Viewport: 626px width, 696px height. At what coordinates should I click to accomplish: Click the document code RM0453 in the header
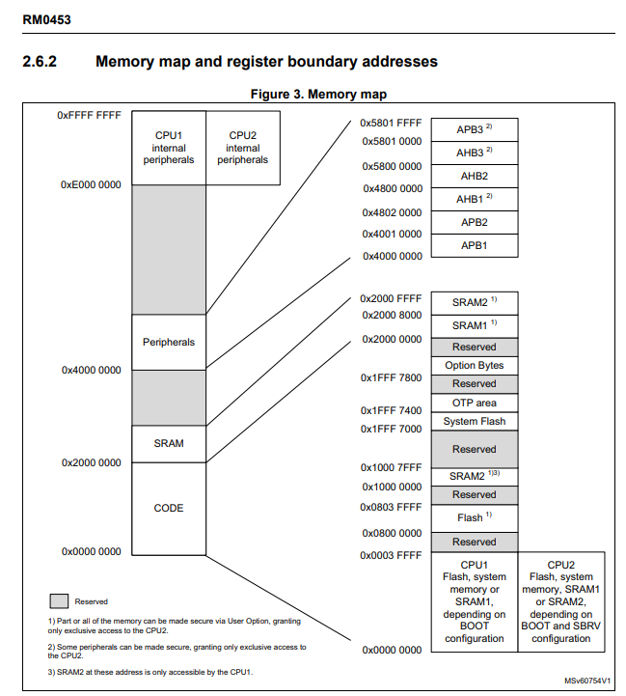pos(46,19)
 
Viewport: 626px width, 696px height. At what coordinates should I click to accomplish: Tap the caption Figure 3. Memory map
pos(318,95)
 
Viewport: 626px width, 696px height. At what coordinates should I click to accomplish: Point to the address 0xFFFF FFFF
pos(89,115)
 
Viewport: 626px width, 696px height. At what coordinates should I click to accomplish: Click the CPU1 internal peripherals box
pos(169,148)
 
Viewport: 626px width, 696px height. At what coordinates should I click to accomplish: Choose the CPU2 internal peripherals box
pos(243,148)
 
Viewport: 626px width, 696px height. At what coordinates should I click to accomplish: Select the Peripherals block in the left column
pos(169,343)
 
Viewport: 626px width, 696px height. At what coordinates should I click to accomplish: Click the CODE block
pos(169,508)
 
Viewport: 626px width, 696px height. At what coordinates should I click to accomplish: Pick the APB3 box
pos(475,129)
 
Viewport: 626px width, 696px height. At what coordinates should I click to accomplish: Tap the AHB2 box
pos(475,176)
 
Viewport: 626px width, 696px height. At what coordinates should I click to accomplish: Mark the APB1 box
pos(475,245)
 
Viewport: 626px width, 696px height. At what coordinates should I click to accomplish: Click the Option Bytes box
pos(475,366)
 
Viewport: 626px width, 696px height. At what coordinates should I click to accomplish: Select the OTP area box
pos(475,403)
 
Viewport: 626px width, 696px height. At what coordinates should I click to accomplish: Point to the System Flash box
pos(475,422)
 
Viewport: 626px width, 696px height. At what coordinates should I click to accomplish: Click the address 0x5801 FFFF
pos(391,124)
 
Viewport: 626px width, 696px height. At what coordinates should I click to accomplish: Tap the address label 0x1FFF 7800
pos(391,377)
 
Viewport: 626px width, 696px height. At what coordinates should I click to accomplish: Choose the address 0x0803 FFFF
pos(391,507)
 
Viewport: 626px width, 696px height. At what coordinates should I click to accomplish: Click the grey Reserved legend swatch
pos(59,600)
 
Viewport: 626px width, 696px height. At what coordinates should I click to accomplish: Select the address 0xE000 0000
pos(91,184)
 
